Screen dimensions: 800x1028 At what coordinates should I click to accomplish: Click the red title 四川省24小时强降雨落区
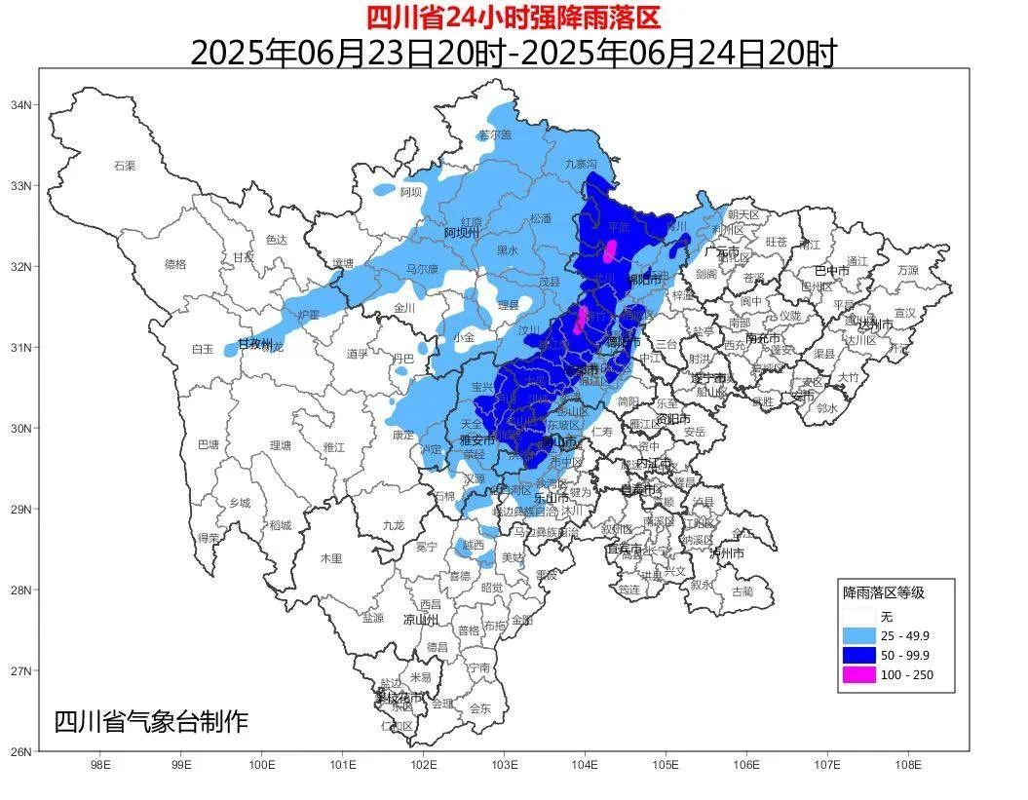(x=514, y=17)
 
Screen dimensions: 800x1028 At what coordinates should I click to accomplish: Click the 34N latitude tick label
(x=21, y=104)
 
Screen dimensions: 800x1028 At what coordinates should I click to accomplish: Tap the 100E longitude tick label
(x=262, y=765)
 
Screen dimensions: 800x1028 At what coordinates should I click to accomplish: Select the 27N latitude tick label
(x=21, y=670)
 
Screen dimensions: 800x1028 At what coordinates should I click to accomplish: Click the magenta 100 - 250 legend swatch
(x=857, y=674)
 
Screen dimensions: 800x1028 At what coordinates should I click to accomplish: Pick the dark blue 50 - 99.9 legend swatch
(x=857, y=655)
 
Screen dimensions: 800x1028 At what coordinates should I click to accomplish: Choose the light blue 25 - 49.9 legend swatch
(x=857, y=635)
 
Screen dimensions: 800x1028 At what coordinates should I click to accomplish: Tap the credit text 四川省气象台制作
(x=151, y=722)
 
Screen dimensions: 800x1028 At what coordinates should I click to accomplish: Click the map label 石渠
(x=124, y=166)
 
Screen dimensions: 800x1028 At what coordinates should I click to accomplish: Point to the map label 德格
(x=174, y=264)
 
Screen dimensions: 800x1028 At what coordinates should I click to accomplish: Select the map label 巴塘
(x=209, y=444)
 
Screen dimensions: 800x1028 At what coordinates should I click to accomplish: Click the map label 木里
(x=331, y=558)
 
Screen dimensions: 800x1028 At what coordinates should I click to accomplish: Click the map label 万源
(x=907, y=270)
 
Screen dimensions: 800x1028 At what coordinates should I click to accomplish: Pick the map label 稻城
(x=281, y=525)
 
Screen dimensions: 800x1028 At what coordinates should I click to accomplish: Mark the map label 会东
(x=480, y=708)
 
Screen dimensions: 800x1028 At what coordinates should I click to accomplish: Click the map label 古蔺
(x=742, y=590)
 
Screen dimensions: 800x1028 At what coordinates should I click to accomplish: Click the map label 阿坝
(x=411, y=193)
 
